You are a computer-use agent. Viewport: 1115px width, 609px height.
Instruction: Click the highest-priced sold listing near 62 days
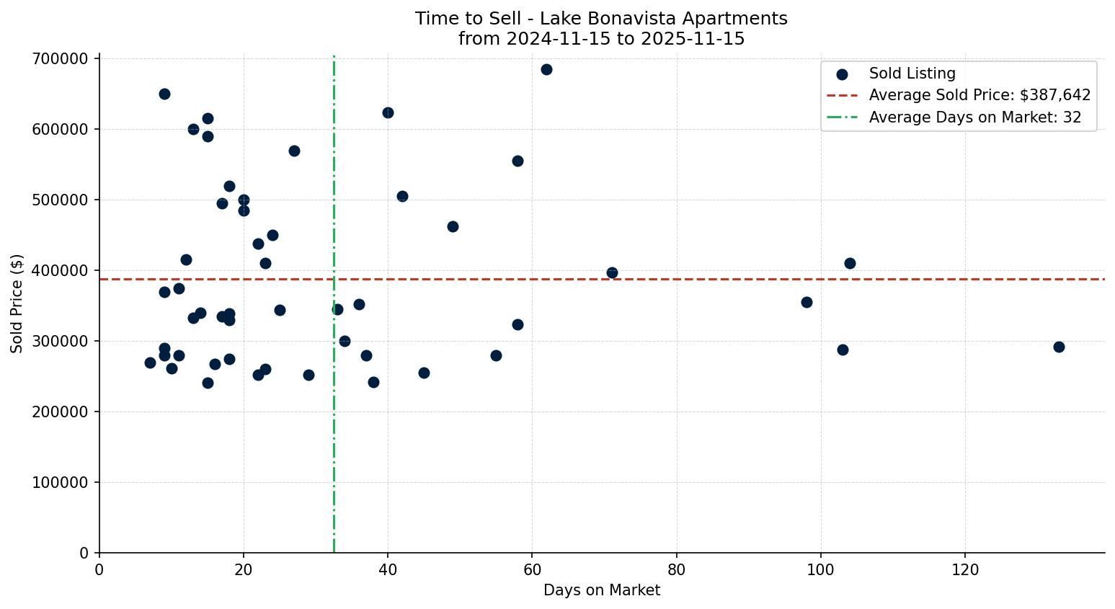coord(546,69)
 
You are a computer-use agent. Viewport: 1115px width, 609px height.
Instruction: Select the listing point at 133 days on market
coord(1059,347)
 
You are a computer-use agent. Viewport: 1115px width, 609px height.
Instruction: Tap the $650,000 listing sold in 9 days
coord(164,94)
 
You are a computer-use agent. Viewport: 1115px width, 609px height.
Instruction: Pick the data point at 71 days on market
coord(612,272)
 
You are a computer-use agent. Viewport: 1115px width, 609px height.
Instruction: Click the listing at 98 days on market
coord(807,302)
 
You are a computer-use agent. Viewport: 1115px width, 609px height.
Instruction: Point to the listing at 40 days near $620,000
coord(388,112)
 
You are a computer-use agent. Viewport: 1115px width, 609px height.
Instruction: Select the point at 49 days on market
coord(453,226)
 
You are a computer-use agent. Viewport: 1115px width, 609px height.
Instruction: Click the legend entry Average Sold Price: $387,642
coord(979,95)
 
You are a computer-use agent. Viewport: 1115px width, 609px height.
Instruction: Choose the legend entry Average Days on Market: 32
coord(974,117)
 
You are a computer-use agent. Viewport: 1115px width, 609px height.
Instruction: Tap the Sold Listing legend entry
coord(912,74)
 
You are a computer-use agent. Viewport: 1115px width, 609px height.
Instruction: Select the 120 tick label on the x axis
coord(965,570)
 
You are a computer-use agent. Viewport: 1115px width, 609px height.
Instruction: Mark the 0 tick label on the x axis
coord(99,570)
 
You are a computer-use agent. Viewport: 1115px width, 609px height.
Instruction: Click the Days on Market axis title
coord(602,590)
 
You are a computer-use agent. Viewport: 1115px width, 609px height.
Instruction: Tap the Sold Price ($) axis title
coord(17,303)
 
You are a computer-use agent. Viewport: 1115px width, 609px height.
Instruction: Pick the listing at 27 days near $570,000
coord(294,151)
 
